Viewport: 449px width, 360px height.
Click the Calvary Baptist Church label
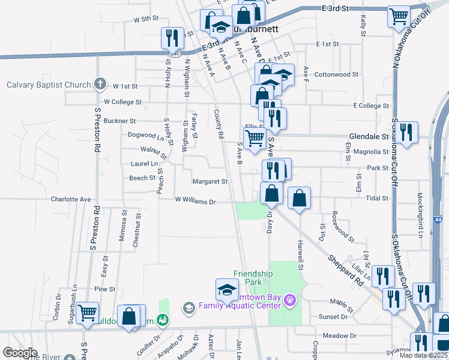pyautogui.click(x=49, y=85)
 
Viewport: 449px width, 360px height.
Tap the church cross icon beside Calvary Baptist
pyautogui.click(x=100, y=84)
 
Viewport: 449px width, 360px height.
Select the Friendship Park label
pyautogui.click(x=253, y=278)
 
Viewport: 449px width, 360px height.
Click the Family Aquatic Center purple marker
pyautogui.click(x=291, y=298)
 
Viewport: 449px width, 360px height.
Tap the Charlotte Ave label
pyautogui.click(x=70, y=199)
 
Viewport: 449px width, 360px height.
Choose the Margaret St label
pyautogui.click(x=209, y=181)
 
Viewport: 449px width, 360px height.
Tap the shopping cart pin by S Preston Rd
pyautogui.click(x=88, y=313)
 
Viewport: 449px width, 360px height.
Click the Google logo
pyautogui.click(x=20, y=353)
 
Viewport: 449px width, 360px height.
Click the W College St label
pyautogui.click(x=122, y=103)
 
